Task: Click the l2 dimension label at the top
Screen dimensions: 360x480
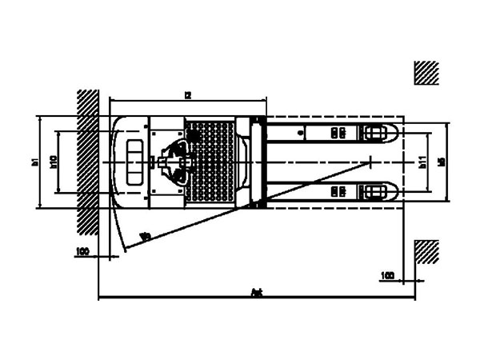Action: click(187, 94)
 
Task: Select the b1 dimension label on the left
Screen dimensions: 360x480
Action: click(34, 162)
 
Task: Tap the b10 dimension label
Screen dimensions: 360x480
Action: click(53, 162)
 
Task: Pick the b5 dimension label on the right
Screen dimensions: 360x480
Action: click(442, 162)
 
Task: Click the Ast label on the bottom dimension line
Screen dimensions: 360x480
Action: click(258, 294)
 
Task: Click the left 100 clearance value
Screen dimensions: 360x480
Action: click(82, 251)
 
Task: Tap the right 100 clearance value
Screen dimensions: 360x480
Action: click(388, 275)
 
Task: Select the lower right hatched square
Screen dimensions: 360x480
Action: click(426, 251)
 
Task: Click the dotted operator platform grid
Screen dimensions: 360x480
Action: click(210, 160)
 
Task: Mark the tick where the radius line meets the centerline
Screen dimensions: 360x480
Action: click(370, 162)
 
